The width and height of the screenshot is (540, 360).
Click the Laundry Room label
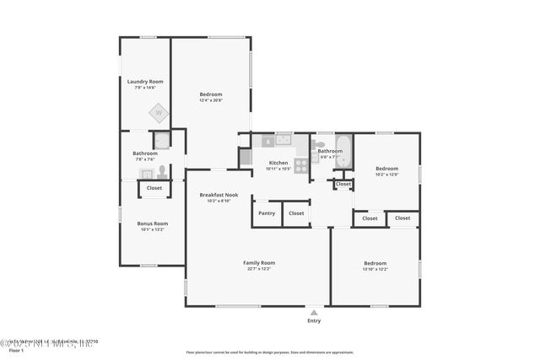pyautogui.click(x=145, y=82)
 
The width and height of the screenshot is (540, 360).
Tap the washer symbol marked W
pyautogui.click(x=158, y=112)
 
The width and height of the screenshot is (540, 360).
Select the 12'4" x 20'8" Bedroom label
pyautogui.click(x=211, y=94)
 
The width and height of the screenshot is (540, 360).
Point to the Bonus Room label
pyautogui.click(x=152, y=223)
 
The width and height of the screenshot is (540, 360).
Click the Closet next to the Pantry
pyautogui.click(x=296, y=213)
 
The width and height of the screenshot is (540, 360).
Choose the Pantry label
pyautogui.click(x=267, y=213)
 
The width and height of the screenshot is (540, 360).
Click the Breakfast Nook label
pyautogui.click(x=219, y=195)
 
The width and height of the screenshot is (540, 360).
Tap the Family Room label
pyautogui.click(x=259, y=263)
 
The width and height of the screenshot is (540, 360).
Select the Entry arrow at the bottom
pyautogui.click(x=314, y=311)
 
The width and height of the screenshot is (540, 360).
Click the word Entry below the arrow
pyautogui.click(x=314, y=320)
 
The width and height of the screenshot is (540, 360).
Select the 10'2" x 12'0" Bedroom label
pyautogui.click(x=386, y=168)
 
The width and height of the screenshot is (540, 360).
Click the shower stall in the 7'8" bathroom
pyautogui.click(x=161, y=140)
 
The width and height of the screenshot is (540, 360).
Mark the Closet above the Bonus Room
pyautogui.click(x=154, y=188)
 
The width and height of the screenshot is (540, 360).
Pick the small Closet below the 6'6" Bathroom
pyautogui.click(x=343, y=184)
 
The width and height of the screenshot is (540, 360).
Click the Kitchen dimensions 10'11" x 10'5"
pyautogui.click(x=278, y=169)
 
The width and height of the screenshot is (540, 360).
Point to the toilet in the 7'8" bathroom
pyautogui.click(x=162, y=173)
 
